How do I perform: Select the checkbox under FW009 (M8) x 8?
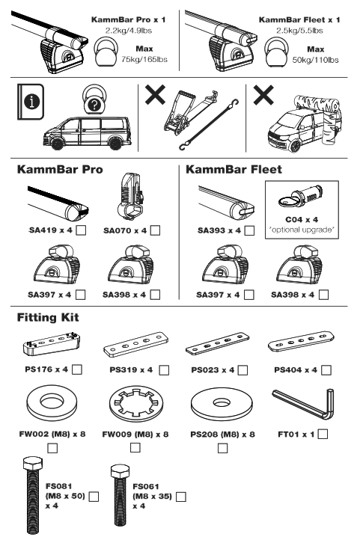pos(135,448)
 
